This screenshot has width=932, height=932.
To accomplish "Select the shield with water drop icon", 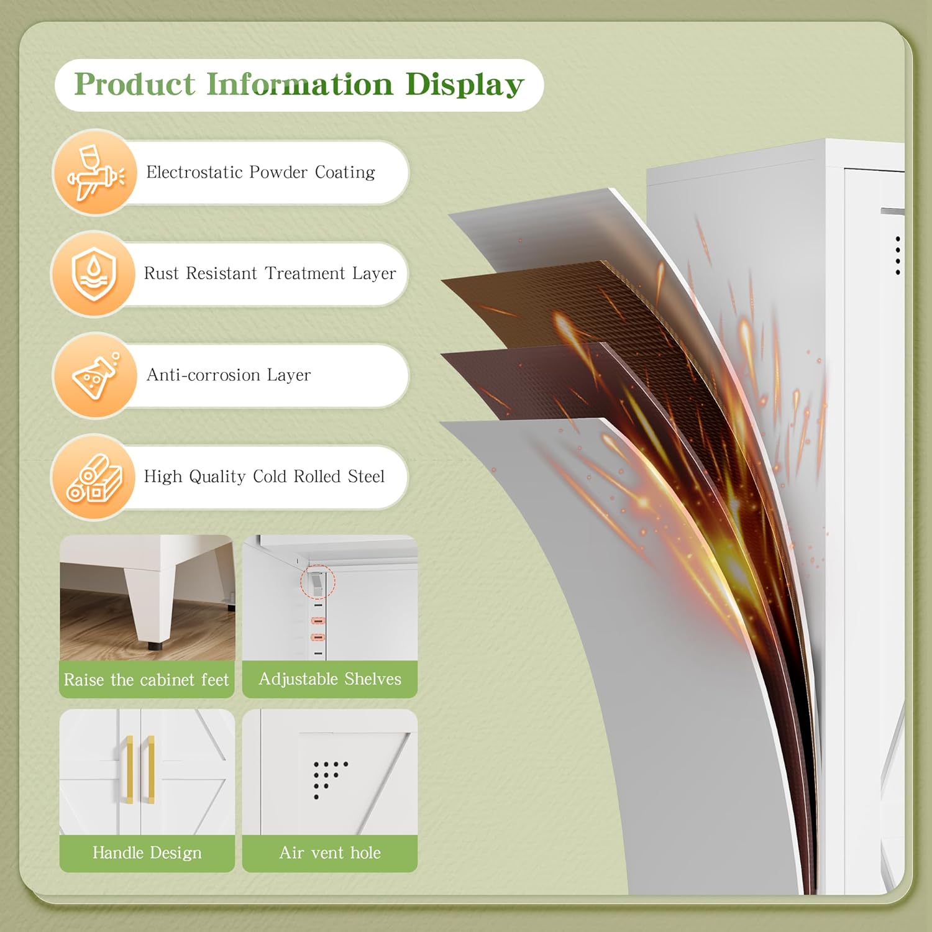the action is [94, 274].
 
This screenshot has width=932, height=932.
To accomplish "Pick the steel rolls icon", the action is [94, 478].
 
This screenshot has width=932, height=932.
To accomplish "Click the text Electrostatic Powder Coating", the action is [260, 172].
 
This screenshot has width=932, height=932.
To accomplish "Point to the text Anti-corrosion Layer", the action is [229, 375].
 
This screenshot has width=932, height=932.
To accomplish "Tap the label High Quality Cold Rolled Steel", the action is [264, 477].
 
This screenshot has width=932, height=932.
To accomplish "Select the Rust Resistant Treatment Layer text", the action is [270, 273].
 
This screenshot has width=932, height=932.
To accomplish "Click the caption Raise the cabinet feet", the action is [147, 680].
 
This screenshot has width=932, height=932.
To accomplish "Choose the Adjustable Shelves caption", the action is [330, 679].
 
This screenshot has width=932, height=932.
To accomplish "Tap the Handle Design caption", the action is [147, 852].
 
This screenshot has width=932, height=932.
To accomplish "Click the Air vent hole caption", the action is [330, 852].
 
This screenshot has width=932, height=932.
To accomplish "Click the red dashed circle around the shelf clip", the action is [318, 582].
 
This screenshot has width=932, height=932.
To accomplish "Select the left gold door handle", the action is [129, 769].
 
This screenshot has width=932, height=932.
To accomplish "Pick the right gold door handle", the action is [150, 769].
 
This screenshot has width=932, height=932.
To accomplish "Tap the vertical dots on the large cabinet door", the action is [898, 255].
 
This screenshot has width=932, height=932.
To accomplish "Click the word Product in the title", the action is [135, 85].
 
